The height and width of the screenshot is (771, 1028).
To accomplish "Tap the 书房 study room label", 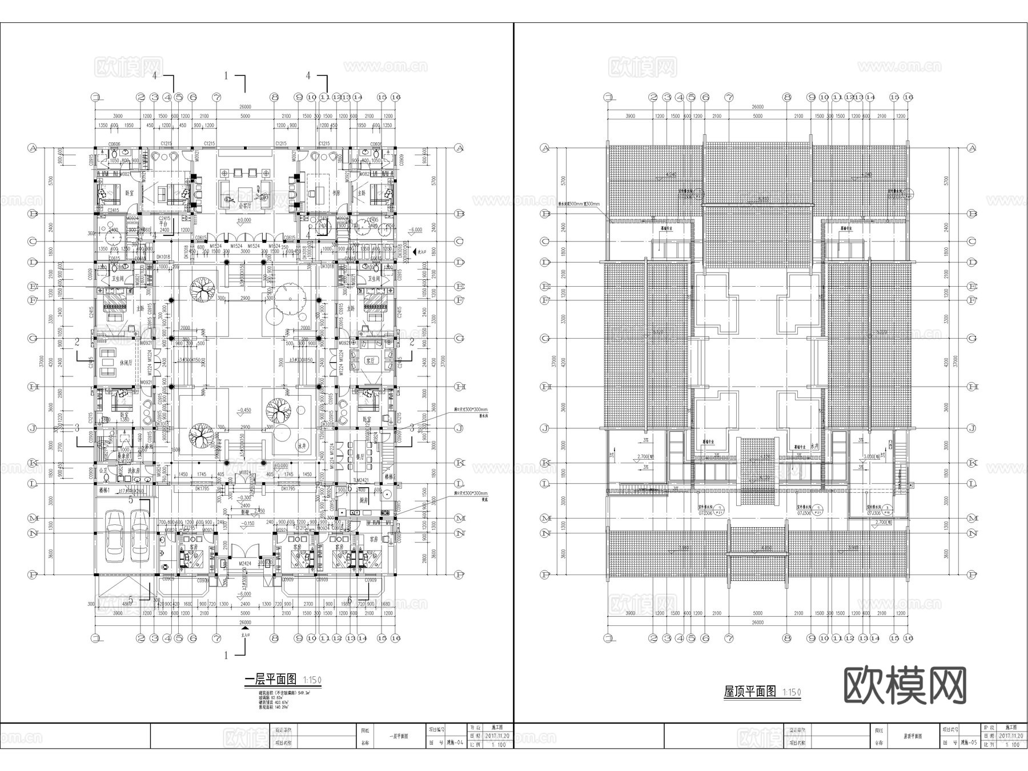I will (x=336, y=192).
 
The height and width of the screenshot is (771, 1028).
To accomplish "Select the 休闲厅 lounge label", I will (x=126, y=363).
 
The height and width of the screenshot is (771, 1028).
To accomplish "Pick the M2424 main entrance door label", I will (x=245, y=563).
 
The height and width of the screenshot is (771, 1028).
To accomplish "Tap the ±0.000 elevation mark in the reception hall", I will (x=244, y=220).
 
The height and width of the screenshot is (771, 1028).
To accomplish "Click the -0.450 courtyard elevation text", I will (x=244, y=410).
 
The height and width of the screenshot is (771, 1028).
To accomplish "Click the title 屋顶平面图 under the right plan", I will (x=750, y=692).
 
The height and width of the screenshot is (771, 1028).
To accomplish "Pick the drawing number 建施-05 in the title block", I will (x=969, y=743).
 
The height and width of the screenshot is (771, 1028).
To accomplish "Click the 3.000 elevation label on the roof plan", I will (x=870, y=457).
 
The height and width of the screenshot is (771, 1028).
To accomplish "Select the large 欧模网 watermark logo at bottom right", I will (x=905, y=685).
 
